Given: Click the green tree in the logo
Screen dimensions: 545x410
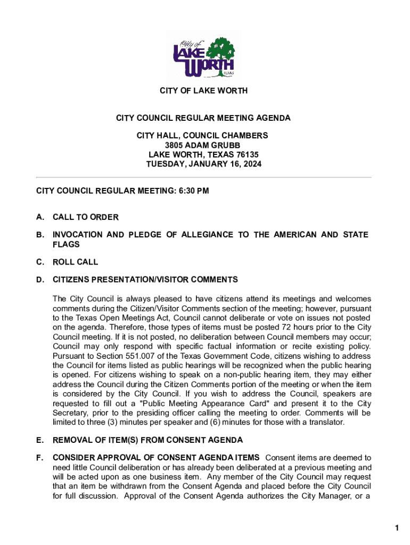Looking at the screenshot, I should click(x=220, y=51).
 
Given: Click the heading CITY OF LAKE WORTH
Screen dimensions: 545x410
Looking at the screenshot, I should click(x=204, y=91).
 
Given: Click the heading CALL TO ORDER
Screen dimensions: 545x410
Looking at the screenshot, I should click(x=86, y=217).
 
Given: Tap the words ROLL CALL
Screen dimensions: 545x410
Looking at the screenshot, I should click(x=76, y=262).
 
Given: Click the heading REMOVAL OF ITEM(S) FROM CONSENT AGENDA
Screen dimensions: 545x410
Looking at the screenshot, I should click(x=147, y=440).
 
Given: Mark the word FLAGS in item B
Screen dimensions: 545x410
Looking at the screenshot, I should click(x=66, y=244).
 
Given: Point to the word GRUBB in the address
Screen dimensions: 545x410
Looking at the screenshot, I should click(x=227, y=145).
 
